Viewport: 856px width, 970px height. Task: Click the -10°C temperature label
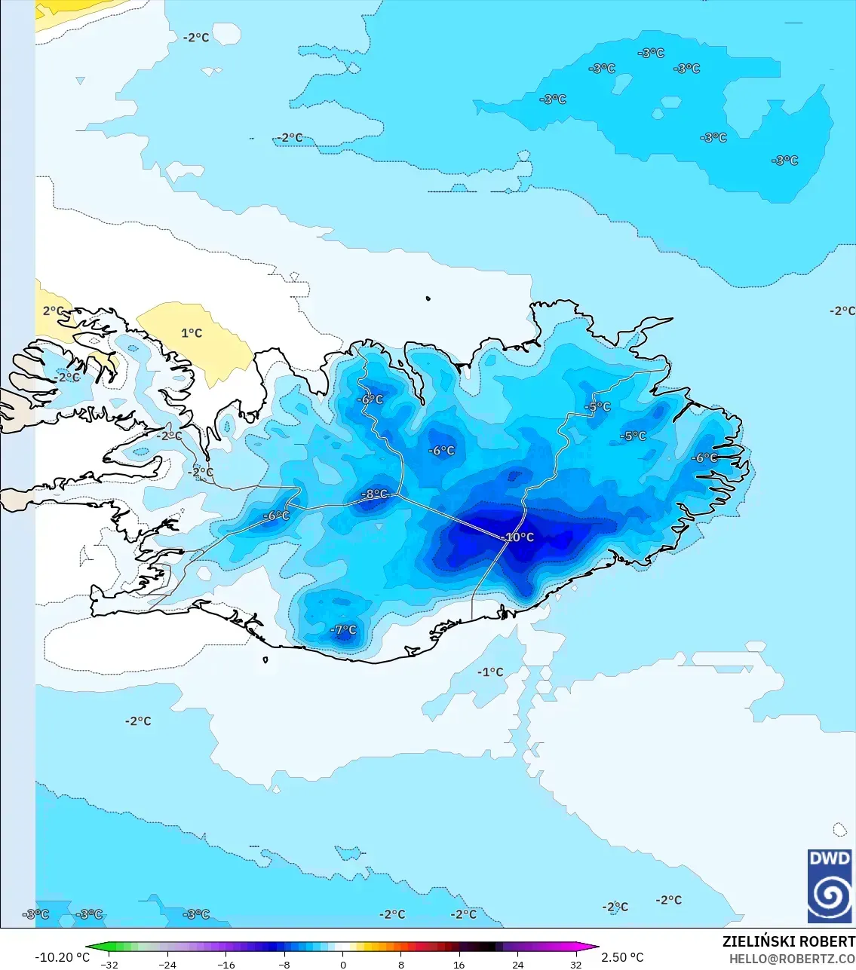[x=519, y=537]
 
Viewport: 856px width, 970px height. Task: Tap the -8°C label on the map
[x=375, y=494]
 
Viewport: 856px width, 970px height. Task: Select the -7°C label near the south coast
[x=344, y=629]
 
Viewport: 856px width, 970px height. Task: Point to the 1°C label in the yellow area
[x=192, y=332]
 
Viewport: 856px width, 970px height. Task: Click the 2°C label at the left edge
[x=53, y=311]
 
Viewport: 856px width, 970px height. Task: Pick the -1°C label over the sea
[x=490, y=672]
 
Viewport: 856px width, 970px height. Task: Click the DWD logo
[x=830, y=886]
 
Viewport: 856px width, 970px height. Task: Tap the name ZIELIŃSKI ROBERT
[x=788, y=941]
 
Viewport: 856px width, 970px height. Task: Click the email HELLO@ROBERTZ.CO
[x=792, y=959]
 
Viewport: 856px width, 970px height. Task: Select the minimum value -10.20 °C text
[x=62, y=957]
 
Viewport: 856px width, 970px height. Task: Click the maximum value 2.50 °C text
[x=622, y=957]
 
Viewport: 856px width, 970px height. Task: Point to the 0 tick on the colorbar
[x=343, y=965]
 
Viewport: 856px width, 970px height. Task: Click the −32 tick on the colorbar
[x=109, y=965]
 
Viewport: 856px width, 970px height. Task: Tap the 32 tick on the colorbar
[x=576, y=965]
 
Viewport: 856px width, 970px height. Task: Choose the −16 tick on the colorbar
[x=226, y=965]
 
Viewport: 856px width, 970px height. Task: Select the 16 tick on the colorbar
[x=459, y=965]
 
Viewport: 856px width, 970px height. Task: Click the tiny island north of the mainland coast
[x=428, y=298]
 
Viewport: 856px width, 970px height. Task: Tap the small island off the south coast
[x=265, y=660]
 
